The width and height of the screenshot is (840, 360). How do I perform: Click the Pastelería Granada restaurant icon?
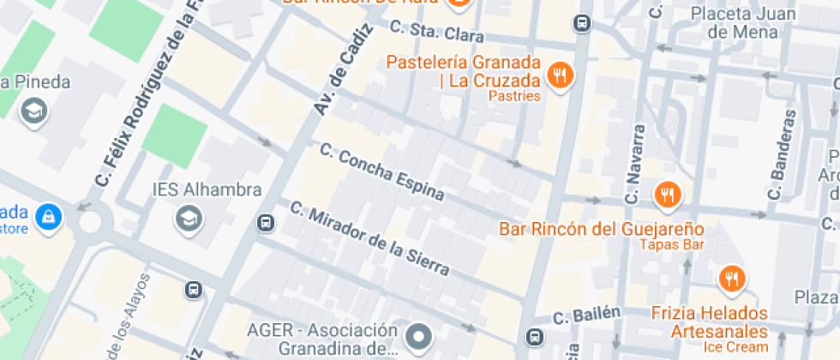click(561, 75)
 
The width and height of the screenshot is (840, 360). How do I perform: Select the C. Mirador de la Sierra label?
click(369, 238)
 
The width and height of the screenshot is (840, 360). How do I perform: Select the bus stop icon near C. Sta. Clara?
click(583, 23)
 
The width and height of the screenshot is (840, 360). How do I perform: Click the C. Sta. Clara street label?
click(436, 32)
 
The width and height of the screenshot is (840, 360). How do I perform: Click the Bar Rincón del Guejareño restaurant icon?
click(667, 195)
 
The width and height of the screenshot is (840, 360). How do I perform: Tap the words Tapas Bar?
click(671, 245)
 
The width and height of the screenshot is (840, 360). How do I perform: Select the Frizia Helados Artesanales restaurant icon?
click(732, 279)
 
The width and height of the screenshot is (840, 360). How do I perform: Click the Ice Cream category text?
click(735, 346)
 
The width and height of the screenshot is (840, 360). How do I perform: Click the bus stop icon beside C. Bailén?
click(536, 337)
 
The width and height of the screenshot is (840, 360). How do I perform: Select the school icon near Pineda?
click(34, 111)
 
